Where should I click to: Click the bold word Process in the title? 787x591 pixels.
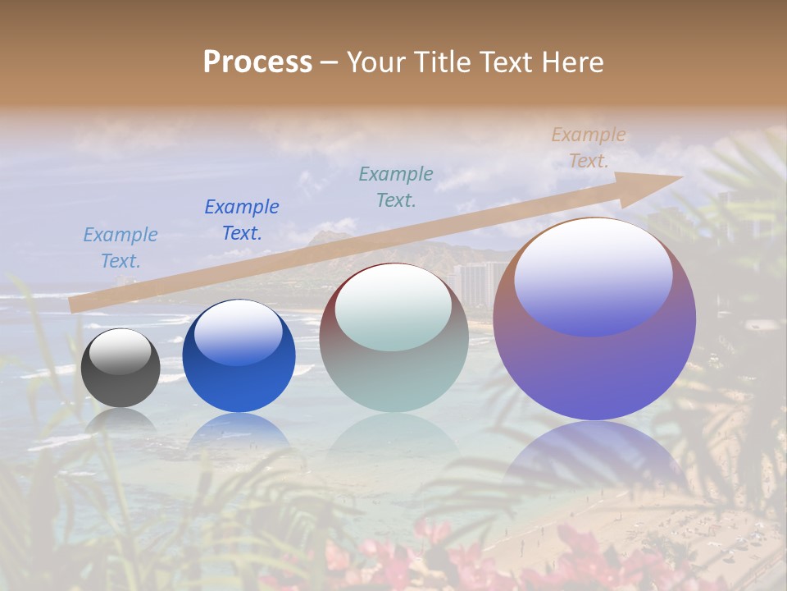tap(257, 62)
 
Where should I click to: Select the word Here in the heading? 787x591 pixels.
tap(572, 62)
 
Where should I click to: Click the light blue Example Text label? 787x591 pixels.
tap(121, 248)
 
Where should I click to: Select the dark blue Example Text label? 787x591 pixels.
tap(242, 220)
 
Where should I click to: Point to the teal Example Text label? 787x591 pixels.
tap(396, 186)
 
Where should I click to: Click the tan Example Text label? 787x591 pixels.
tap(589, 148)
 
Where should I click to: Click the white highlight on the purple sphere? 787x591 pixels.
tap(593, 275)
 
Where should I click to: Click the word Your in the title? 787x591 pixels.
tap(375, 62)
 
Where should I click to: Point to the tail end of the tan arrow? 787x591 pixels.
tap(74, 305)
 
